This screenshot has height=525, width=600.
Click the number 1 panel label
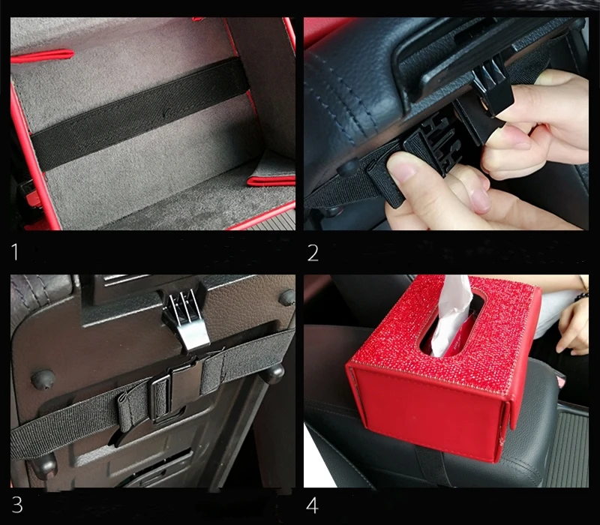[15, 252]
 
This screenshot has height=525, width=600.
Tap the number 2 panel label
[313, 253]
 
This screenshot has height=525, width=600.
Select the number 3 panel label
[17, 504]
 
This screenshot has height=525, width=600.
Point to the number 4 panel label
[312, 505]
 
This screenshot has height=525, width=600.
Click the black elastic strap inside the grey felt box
[140, 114]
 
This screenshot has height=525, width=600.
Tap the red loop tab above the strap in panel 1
[42, 56]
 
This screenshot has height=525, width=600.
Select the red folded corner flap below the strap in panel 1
[271, 180]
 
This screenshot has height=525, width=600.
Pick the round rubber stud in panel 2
[348, 166]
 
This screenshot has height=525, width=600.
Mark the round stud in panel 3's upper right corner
[287, 297]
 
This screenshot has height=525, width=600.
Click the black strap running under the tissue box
[433, 466]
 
